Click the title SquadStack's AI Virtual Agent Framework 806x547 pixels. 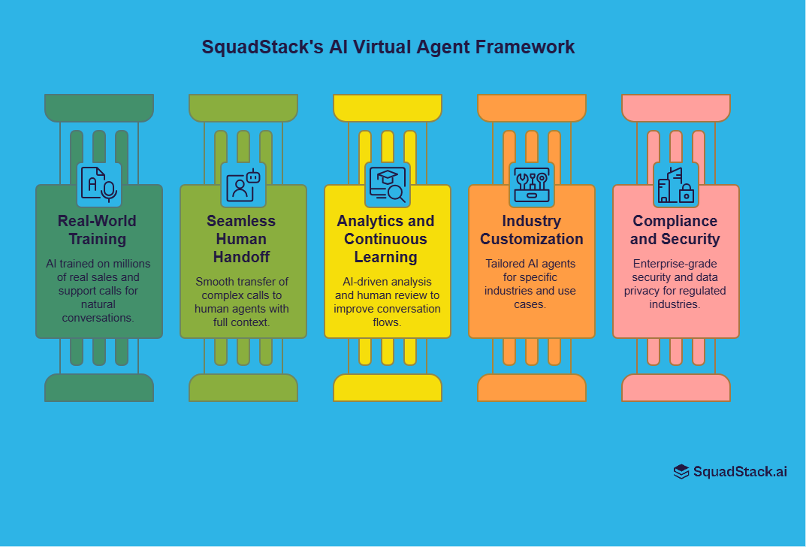(388, 47)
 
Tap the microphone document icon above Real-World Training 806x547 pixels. (99, 185)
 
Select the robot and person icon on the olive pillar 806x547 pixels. (243, 185)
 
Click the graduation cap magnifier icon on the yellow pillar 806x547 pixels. (388, 185)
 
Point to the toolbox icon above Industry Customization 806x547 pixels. (532, 185)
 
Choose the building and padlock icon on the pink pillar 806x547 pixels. (676, 185)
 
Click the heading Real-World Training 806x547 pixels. (98, 230)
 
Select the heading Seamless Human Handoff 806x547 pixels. (242, 239)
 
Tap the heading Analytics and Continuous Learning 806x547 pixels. (386, 239)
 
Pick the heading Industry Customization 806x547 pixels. (532, 230)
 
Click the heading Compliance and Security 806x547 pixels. (675, 230)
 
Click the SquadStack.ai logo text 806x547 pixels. (740, 472)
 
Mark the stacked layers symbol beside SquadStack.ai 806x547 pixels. (681, 472)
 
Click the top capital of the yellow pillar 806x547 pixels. (388, 107)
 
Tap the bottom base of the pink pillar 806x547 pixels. (676, 388)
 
